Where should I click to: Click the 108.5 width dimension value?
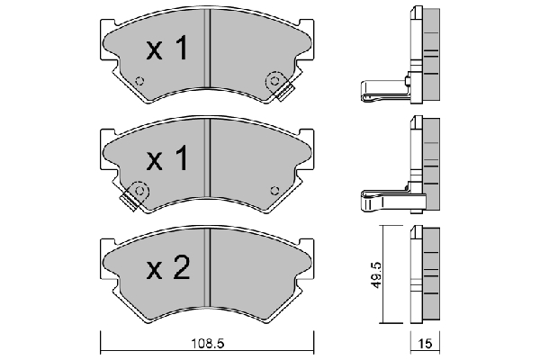coord(208,344)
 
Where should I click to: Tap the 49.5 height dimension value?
coord(377,274)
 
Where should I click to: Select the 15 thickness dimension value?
coord(425,344)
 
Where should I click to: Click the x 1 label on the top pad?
coord(167,49)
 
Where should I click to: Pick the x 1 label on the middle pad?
coord(167,158)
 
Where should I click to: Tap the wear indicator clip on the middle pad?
coord(133,196)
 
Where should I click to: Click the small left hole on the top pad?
coord(139,81)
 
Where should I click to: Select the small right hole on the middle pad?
coord(274,191)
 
